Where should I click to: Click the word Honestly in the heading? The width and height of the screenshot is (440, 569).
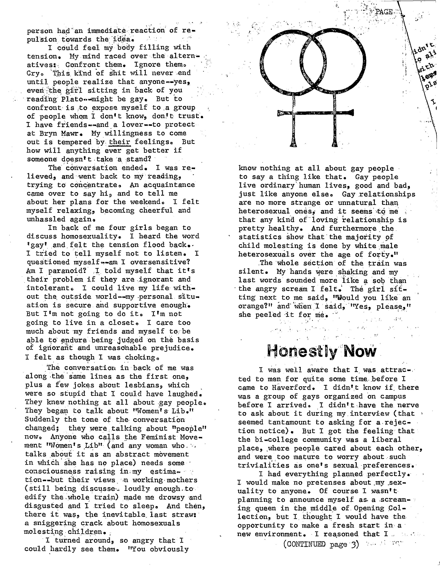pyautogui.click(x=302, y=352)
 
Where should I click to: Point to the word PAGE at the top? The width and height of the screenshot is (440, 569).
pyautogui.click(x=384, y=12)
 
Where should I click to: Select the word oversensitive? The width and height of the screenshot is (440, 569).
pyautogui.click(x=160, y=262)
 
